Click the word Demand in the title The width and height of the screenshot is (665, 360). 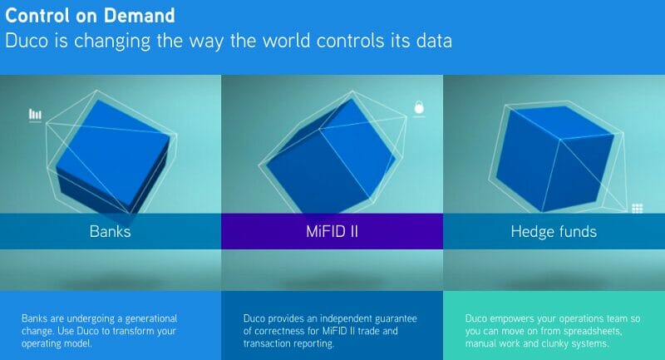click(140, 16)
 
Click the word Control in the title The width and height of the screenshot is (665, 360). click(37, 16)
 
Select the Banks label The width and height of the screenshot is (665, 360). click(111, 231)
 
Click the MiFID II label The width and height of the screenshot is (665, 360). click(332, 231)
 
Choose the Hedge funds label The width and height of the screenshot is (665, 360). click(554, 231)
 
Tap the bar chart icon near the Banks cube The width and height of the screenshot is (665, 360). click(35, 115)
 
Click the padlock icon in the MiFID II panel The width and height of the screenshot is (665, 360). click(419, 108)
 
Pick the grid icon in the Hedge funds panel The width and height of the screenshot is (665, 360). click(638, 208)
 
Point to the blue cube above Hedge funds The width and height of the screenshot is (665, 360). click(554, 159)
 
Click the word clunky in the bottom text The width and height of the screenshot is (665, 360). click(554, 343)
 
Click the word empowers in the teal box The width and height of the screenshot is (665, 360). click(512, 318)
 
